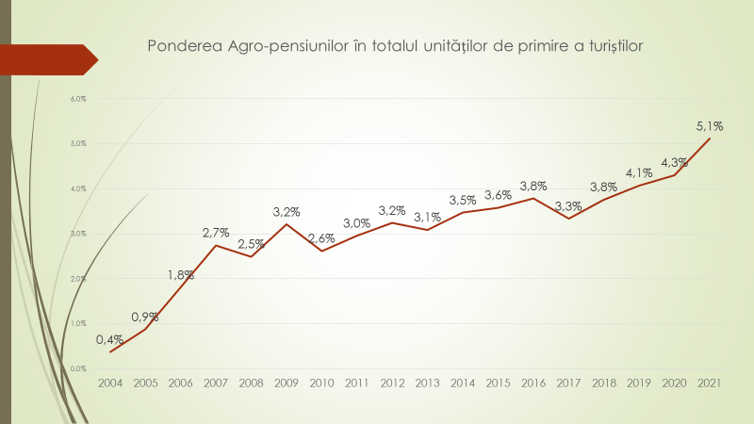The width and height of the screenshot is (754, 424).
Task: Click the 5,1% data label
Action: click(710, 125)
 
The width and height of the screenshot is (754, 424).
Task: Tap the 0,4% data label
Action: click(109, 339)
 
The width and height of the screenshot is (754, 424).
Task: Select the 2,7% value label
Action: click(216, 232)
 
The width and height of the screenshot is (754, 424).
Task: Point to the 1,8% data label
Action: click(181, 275)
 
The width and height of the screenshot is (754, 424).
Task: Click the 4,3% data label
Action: click(675, 161)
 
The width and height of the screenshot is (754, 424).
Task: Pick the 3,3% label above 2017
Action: click(568, 206)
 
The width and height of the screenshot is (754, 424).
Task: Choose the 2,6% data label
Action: click(321, 238)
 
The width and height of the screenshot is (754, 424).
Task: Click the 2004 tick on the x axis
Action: click(110, 383)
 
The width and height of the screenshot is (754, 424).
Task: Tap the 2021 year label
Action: click(710, 383)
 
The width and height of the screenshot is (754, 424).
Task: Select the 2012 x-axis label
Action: click(392, 383)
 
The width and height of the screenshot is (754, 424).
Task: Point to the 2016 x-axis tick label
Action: click(533, 383)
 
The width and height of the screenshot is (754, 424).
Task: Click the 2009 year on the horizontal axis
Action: click(287, 383)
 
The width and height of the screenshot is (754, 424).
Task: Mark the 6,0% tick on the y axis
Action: click(78, 99)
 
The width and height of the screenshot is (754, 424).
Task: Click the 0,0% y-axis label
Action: click(78, 368)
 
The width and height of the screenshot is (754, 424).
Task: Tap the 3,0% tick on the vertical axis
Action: click(78, 234)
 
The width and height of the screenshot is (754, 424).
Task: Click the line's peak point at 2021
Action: click(710, 139)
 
